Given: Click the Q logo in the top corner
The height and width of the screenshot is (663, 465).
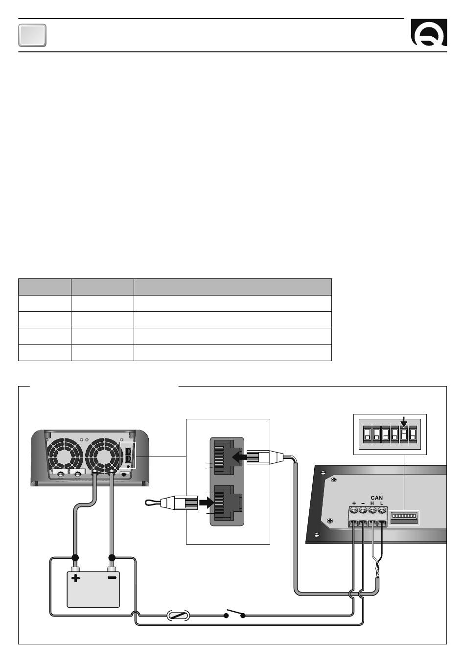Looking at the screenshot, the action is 429,32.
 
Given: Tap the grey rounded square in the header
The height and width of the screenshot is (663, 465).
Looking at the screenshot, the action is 32,35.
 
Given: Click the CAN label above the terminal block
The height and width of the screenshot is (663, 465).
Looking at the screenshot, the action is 376,498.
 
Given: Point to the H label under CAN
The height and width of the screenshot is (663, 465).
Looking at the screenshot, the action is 372,503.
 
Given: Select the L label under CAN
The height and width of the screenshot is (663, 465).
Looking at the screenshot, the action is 381,503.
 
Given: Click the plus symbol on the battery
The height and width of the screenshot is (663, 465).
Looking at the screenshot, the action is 75,578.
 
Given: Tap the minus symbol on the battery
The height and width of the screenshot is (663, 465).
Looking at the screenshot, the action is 112,577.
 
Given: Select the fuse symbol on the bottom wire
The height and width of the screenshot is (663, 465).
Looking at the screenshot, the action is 178,616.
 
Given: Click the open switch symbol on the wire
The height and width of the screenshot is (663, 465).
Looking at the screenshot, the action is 234,613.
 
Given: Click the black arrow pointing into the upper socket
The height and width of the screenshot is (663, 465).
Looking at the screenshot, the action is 239,457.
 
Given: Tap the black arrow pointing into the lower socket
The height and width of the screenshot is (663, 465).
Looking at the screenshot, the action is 207,503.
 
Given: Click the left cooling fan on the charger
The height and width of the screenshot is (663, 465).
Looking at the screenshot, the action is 65,455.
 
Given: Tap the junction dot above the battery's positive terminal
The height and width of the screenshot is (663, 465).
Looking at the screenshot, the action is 75,558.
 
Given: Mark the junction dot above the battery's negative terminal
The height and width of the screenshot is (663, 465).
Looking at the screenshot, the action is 112,558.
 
